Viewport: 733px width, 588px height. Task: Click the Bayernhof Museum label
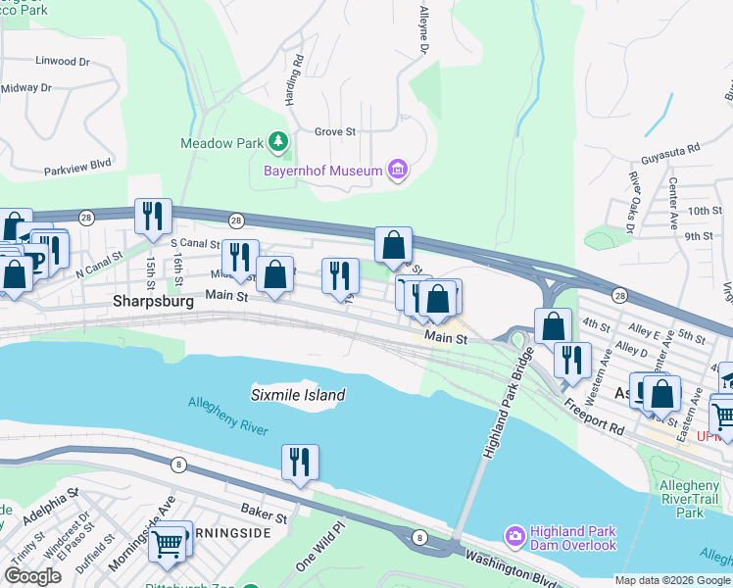321,171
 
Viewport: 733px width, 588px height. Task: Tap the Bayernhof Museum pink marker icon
397,171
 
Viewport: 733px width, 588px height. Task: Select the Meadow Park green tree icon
278,143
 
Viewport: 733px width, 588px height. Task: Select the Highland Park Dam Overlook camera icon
514,536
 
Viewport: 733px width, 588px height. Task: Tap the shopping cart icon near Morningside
169,542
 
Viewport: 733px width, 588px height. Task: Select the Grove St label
335,130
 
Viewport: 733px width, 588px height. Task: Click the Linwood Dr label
62,61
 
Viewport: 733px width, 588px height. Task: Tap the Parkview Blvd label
78,168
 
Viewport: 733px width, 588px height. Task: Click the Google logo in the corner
32,576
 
